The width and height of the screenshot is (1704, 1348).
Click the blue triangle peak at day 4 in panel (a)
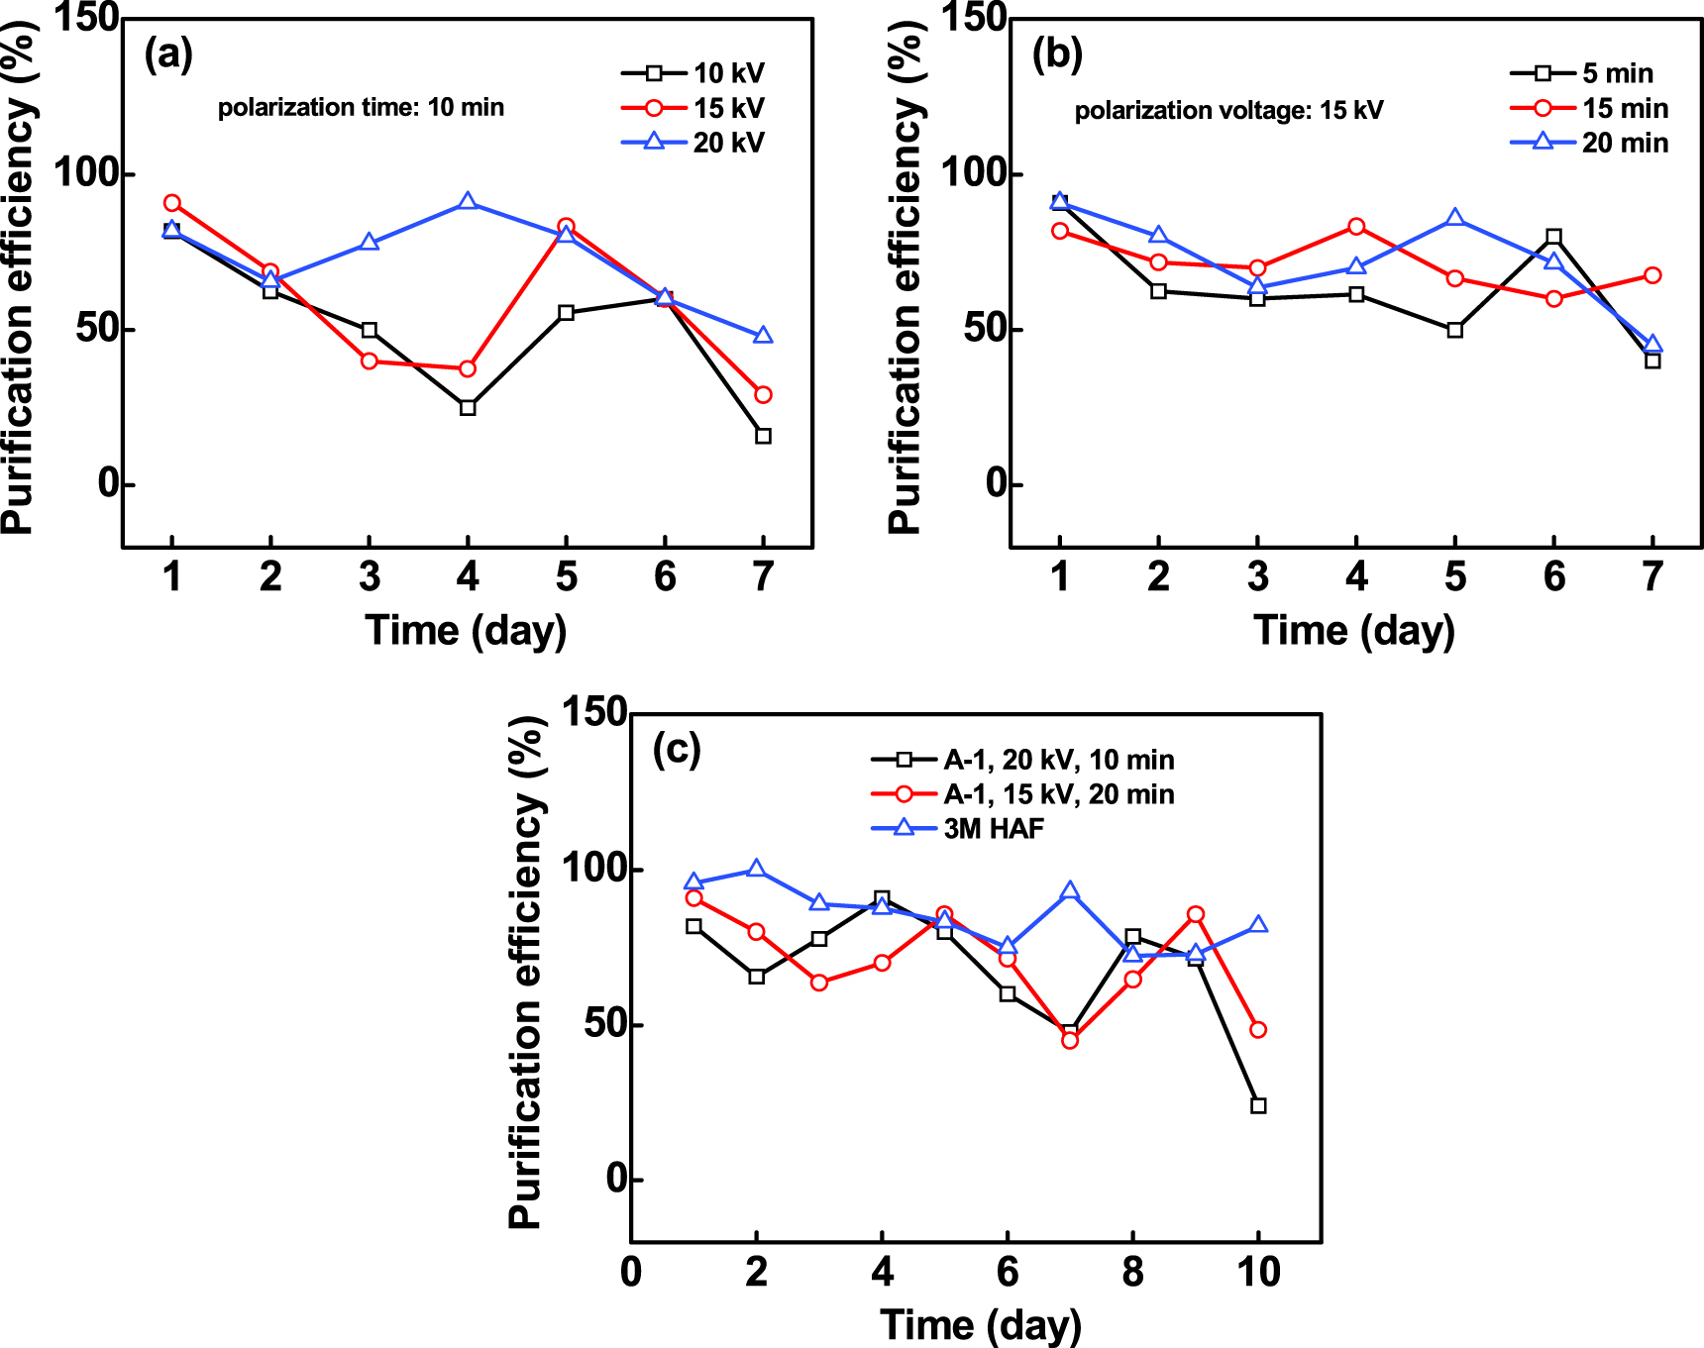(x=468, y=202)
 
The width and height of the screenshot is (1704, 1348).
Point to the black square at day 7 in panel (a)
(x=763, y=436)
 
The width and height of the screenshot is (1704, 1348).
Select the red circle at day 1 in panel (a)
(x=172, y=203)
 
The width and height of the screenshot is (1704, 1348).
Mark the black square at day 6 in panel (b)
(x=1553, y=237)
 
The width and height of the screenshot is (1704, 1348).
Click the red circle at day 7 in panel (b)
(x=1652, y=275)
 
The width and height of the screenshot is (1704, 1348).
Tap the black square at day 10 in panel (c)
(x=1258, y=1105)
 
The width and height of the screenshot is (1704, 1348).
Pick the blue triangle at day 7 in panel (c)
(x=1070, y=891)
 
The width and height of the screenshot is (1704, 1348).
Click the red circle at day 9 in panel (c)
(x=1196, y=914)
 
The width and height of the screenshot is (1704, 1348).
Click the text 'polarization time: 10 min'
(x=361, y=107)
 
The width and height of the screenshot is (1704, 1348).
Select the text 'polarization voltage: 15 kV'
(x=1228, y=110)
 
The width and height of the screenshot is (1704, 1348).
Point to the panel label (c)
(x=677, y=749)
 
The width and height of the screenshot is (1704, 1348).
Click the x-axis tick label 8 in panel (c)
(x=1132, y=1272)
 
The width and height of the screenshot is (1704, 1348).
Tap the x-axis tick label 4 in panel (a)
(x=468, y=576)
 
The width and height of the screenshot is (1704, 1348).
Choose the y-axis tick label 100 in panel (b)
(x=974, y=173)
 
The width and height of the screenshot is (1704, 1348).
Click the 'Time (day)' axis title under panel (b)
(x=1354, y=631)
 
